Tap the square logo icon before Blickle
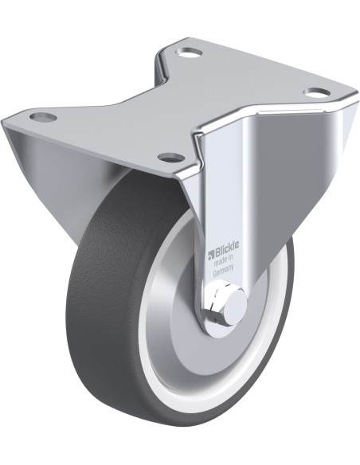[211, 255]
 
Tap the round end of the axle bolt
[235, 306]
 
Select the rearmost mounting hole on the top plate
[189, 53]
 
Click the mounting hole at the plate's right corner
[317, 92]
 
